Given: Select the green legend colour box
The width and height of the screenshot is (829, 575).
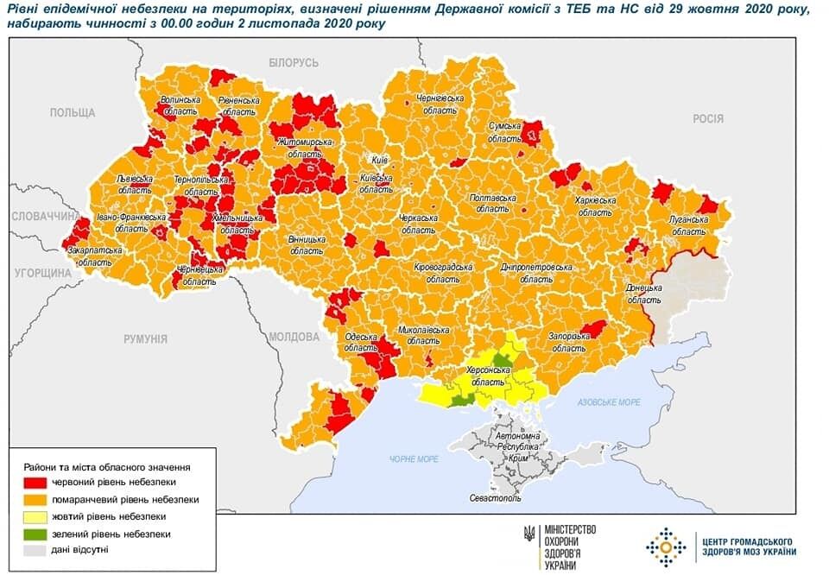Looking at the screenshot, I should point(34,534).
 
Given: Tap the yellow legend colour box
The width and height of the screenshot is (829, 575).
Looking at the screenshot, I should point(34,516).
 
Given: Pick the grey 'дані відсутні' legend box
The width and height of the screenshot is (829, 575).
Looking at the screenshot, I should point(34,550).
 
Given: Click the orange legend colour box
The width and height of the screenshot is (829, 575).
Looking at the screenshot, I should point(34,499).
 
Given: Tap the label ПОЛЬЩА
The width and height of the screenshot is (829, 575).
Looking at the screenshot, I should point(72,113).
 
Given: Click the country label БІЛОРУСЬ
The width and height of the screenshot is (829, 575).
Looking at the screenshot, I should point(294,63).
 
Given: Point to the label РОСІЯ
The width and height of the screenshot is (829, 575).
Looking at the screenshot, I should point(707,118).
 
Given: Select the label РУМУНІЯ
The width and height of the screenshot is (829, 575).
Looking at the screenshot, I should point(144,339).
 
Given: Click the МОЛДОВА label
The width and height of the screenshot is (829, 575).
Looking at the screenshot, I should point(294,336).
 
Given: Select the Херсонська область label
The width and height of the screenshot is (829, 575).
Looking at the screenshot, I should point(489,376).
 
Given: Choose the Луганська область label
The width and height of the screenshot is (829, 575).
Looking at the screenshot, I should point(688,225).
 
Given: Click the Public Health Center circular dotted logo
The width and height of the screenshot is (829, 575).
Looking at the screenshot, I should point(666,547).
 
